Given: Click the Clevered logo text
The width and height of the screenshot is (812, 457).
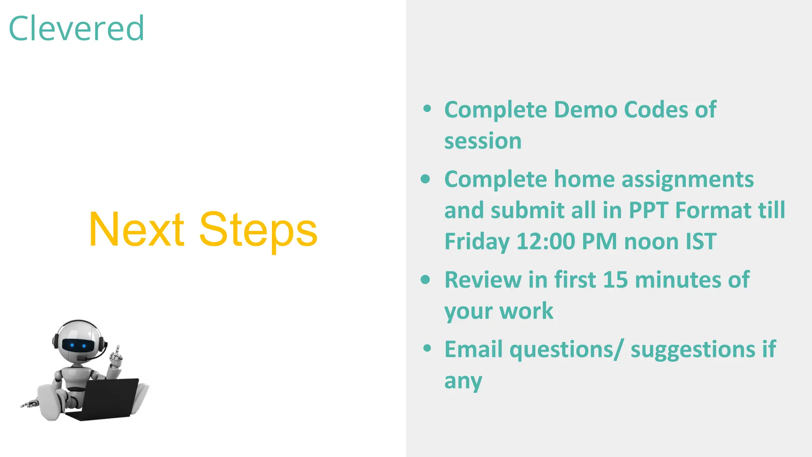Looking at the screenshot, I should point(76,29).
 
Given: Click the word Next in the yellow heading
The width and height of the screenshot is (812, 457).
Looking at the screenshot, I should point(136,230).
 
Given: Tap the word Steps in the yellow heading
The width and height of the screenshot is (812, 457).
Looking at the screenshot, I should point(258,231).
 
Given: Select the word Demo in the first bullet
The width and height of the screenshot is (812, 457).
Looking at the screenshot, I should point(585,110).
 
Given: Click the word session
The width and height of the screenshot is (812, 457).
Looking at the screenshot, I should point(483,141).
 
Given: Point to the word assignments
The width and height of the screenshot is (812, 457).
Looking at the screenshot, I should point(687,179).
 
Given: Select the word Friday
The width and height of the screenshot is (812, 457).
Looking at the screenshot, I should point(477,242).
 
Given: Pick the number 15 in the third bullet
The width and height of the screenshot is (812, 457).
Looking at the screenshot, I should point(615,280).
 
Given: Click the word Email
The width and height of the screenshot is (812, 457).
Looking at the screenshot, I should point(473,349).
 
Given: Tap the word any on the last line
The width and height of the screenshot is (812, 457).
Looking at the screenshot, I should point(463,382).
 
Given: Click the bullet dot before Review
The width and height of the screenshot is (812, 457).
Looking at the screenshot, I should point(425,280).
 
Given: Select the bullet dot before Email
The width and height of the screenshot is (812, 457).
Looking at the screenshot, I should point(427,348).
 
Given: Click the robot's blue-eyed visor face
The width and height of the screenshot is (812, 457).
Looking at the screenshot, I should point(78,345).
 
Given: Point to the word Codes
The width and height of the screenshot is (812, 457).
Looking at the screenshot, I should point(655,110).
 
